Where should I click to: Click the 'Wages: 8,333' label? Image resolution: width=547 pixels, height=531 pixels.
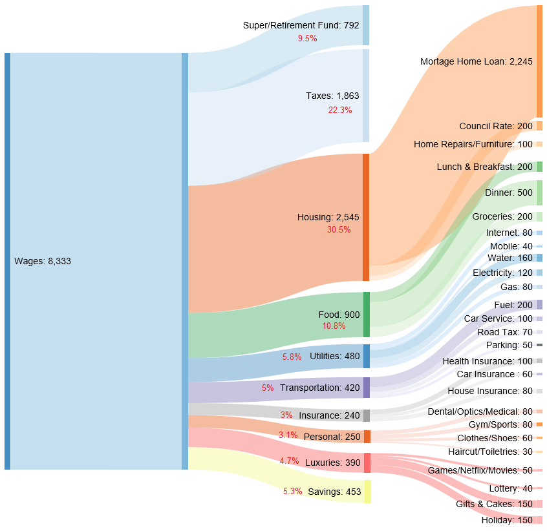[43, 261]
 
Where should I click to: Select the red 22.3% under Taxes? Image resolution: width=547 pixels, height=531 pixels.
[339, 110]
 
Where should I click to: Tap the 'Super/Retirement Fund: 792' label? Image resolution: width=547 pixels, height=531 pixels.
[301, 25]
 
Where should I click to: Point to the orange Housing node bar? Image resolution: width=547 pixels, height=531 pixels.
[366, 217]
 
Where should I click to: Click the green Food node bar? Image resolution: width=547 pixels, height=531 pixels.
[366, 315]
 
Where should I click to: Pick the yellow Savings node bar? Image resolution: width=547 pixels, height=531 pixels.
[367, 492]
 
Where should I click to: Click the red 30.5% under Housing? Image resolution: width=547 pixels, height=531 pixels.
[339, 229]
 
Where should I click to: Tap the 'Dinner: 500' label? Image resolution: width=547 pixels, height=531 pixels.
[508, 193]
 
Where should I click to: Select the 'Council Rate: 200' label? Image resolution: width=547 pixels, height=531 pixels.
[495, 125]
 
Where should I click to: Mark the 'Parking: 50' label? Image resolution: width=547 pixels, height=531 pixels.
[509, 345]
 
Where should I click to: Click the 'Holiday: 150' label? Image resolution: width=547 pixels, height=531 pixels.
[506, 520]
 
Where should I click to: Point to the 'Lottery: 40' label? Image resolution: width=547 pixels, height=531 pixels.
[510, 488]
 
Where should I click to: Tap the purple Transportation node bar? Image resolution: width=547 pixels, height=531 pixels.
[366, 388]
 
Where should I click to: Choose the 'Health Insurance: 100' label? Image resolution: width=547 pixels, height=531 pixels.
[487, 361]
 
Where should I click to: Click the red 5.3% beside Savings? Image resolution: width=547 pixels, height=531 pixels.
[292, 492]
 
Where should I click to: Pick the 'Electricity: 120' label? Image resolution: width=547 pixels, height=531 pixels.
[502, 273]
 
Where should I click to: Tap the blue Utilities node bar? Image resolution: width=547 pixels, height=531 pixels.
[366, 356]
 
